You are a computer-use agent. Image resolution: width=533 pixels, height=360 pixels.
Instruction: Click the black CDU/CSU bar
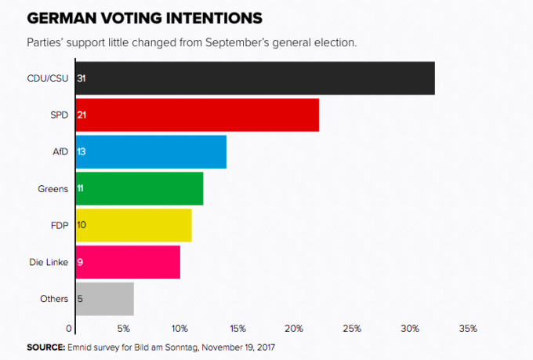[255, 78]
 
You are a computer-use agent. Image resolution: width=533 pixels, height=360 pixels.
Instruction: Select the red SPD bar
[197, 115]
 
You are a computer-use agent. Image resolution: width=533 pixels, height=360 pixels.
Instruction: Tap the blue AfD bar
[150, 151]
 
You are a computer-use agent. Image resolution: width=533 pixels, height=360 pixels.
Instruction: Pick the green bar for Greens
[139, 188]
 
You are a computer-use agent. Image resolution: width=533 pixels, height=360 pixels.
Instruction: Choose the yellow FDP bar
[133, 225]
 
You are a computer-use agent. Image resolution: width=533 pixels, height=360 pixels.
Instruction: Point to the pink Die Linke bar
[128, 262]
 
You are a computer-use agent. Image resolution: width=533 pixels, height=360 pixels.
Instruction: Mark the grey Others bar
[104, 299]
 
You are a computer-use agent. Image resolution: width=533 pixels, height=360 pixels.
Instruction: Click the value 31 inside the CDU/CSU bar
[82, 78]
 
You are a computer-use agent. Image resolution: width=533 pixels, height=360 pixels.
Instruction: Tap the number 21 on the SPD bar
[82, 115]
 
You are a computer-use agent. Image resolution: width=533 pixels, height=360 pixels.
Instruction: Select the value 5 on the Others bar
[81, 299]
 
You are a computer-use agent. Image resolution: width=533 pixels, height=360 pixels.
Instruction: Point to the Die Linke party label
[48, 262]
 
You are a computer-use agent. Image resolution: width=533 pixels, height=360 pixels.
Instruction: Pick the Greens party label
[53, 188]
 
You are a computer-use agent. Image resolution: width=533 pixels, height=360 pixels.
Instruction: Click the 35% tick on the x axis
[468, 328]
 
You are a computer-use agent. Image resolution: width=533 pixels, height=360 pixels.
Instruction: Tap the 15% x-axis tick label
[237, 328]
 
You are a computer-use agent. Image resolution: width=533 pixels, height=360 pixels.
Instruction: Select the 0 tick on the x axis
[70, 328]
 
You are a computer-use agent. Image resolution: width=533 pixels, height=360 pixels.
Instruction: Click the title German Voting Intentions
[145, 17]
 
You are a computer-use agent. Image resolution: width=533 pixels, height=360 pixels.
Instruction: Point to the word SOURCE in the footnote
[45, 346]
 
